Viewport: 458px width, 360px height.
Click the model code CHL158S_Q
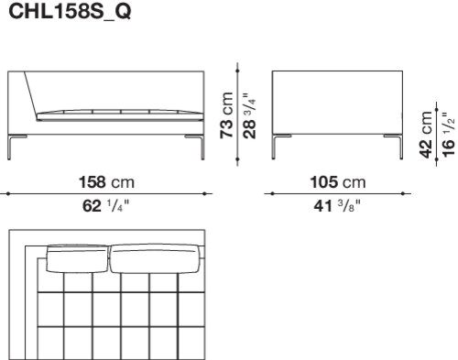70,11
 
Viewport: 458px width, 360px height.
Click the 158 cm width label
106,182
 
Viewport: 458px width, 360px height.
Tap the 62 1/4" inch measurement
105,205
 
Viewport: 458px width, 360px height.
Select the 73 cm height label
227,115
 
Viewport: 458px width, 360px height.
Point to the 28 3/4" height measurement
249,116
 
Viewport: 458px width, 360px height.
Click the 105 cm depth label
338,182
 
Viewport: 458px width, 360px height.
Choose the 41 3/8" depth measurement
337,205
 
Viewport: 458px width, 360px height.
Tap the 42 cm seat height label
426,135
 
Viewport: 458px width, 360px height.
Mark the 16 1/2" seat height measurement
448,135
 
